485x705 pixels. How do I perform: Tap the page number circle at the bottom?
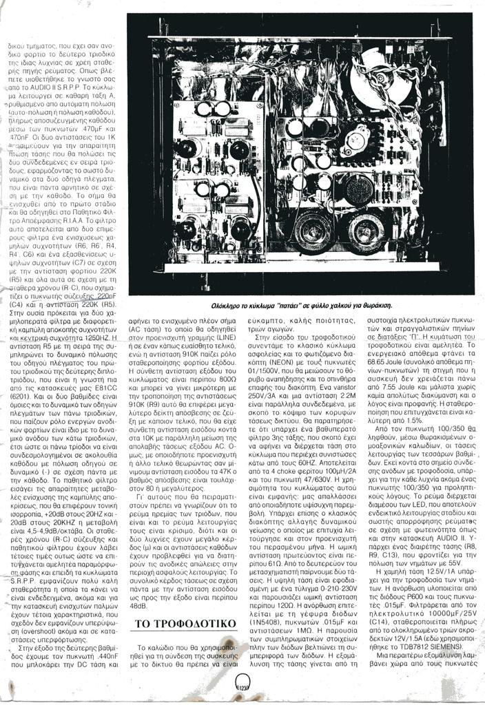point(242,684)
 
